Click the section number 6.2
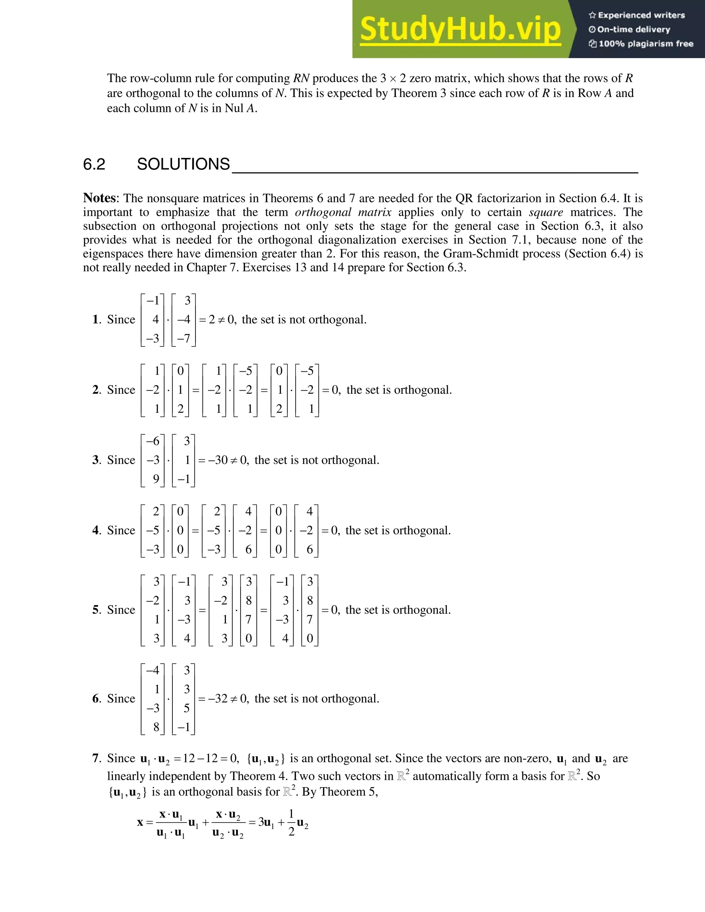pyautogui.click(x=94, y=165)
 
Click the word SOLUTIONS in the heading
pyautogui.click(x=183, y=165)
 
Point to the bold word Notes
pyautogui.click(x=99, y=198)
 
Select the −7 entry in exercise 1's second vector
pyautogui.click(x=183, y=338)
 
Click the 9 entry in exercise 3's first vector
pyautogui.click(x=156, y=479)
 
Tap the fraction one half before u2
pyautogui.click(x=291, y=823)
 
